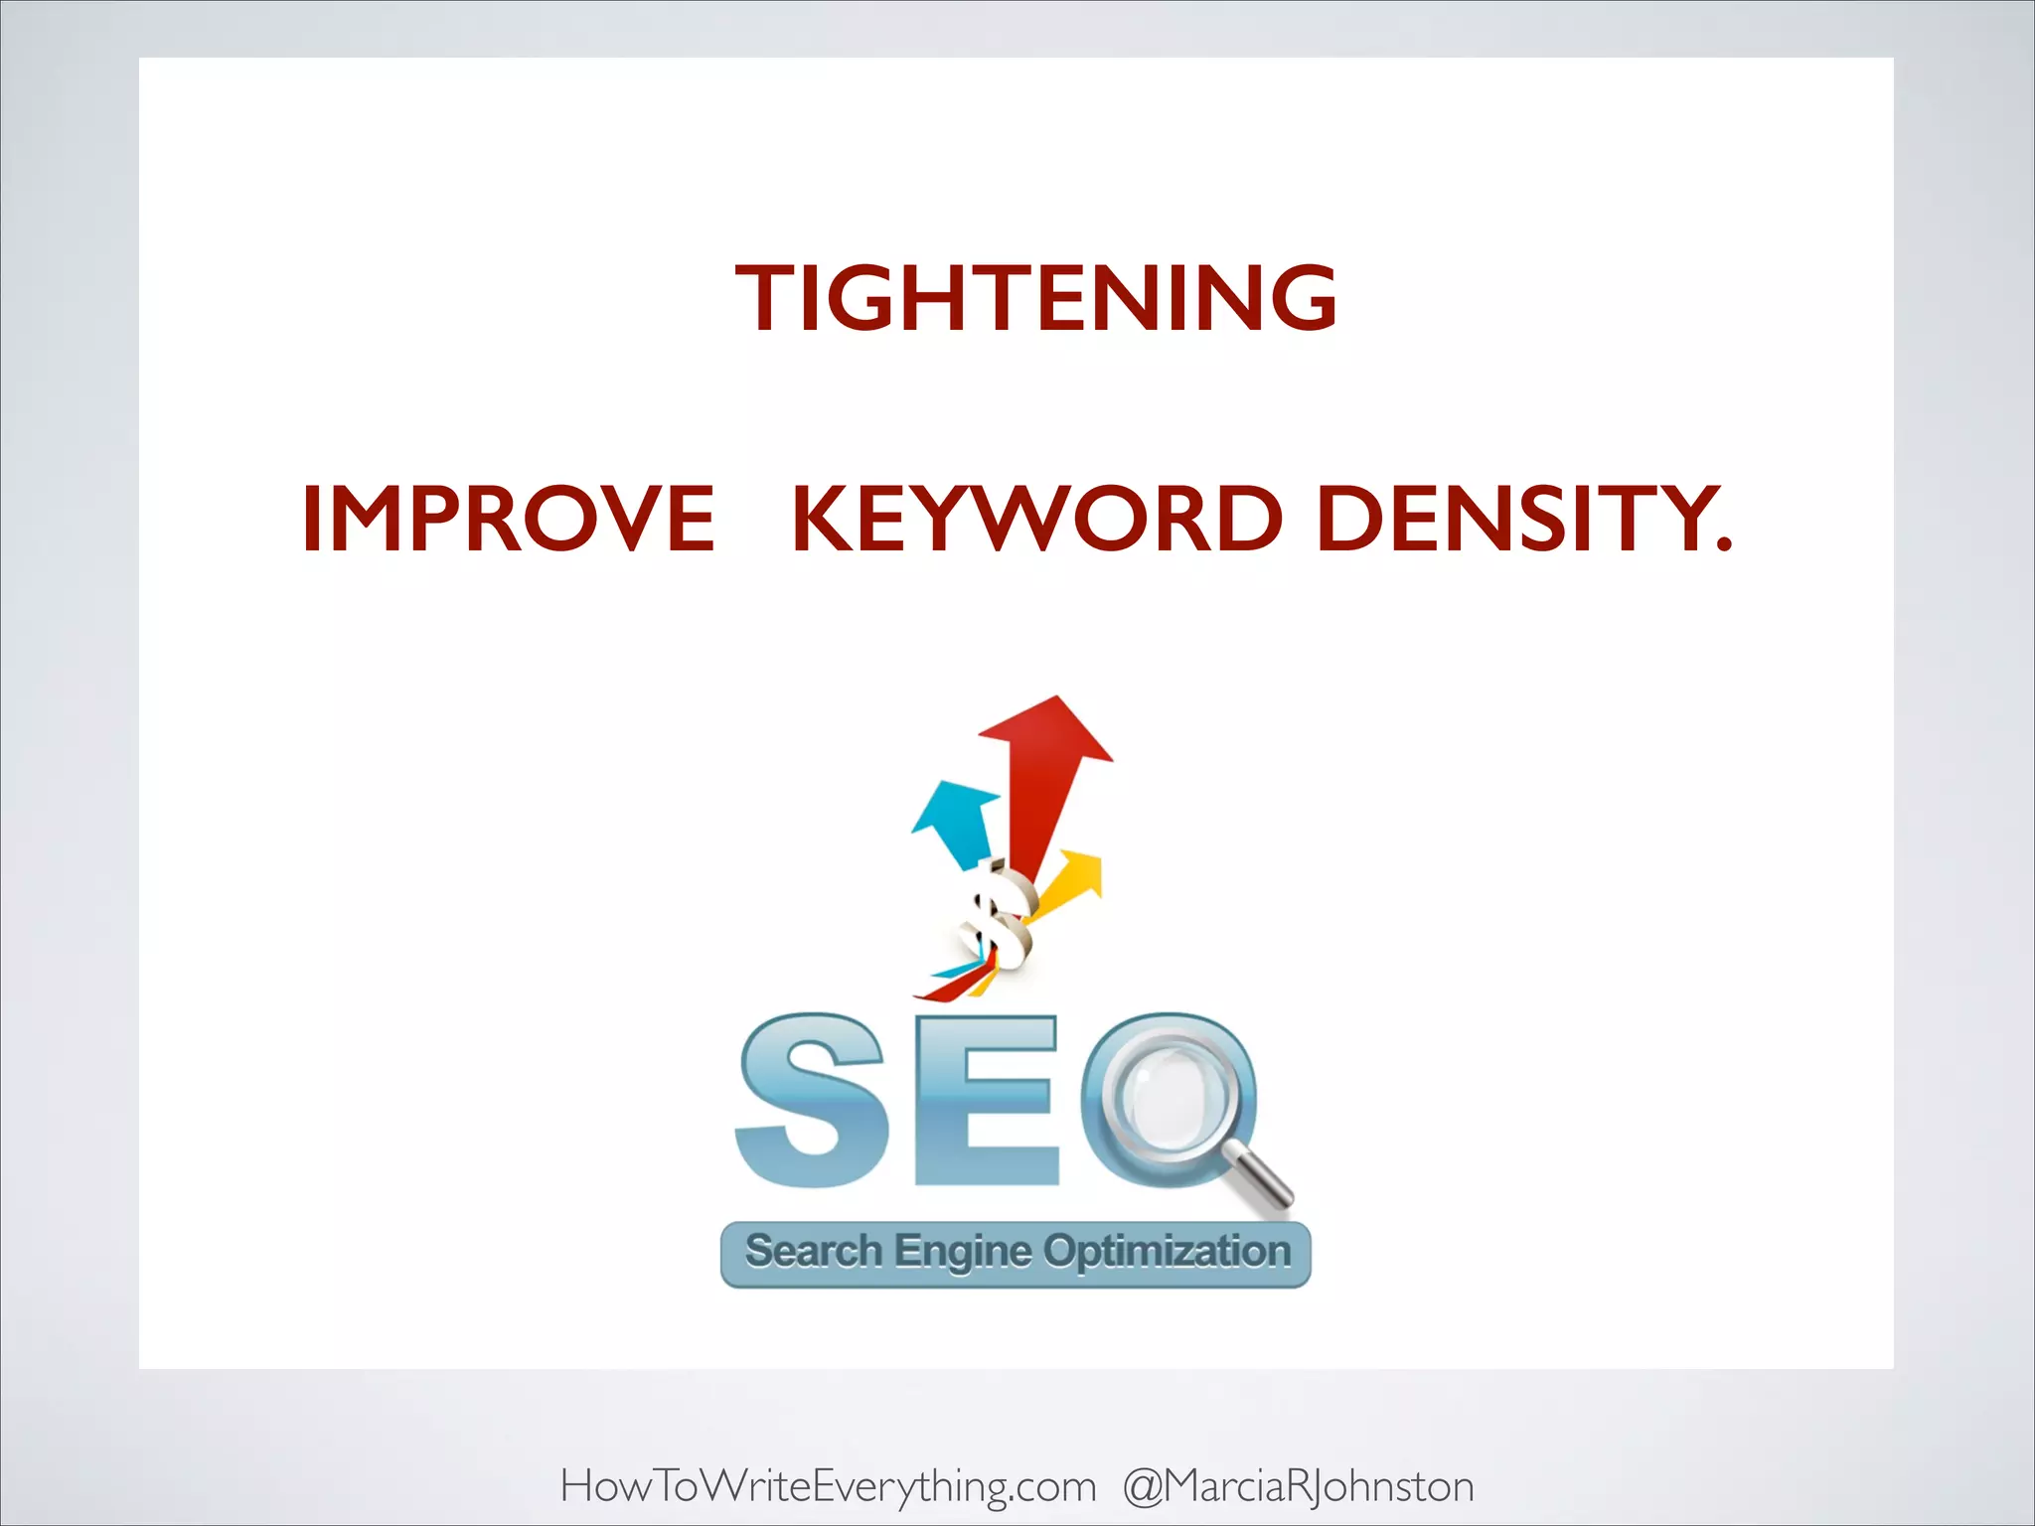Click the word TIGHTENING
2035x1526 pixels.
click(1036, 298)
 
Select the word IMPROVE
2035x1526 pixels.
click(508, 519)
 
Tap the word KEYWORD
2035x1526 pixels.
click(1037, 519)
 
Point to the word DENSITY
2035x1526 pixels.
click(1512, 519)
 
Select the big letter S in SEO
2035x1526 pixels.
click(810, 1101)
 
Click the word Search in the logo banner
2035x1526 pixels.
click(814, 1252)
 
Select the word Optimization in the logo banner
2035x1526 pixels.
click(1167, 1252)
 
